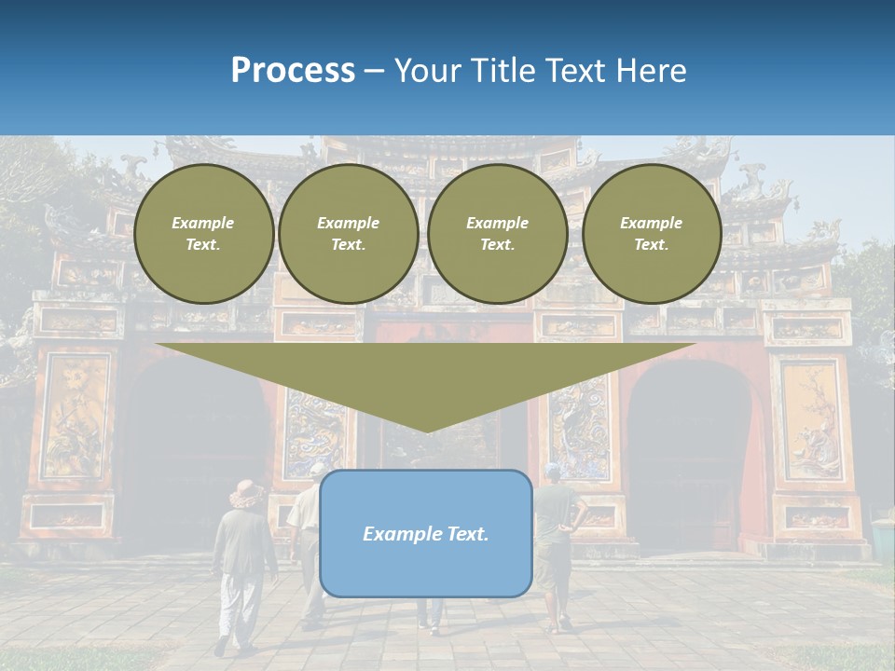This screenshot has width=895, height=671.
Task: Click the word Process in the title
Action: (x=293, y=71)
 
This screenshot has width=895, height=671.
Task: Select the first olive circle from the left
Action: (x=203, y=234)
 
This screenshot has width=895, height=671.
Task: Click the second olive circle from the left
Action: (x=349, y=234)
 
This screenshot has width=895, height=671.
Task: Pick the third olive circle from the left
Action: (x=498, y=234)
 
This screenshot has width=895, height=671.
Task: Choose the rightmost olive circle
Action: (x=652, y=234)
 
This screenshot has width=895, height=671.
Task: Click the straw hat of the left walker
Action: (x=247, y=494)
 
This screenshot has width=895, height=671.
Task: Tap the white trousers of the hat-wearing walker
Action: (x=239, y=606)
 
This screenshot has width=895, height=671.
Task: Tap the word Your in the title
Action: (x=426, y=71)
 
